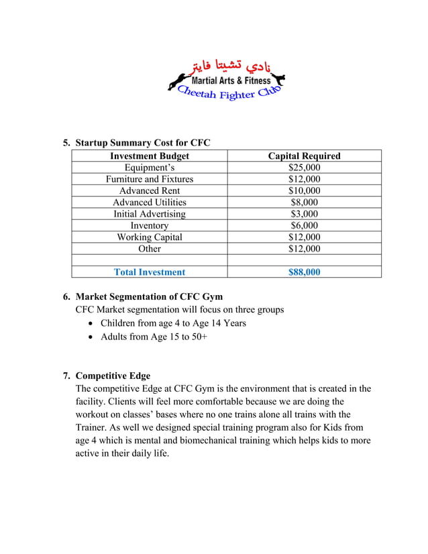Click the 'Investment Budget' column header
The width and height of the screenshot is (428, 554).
pyautogui.click(x=150, y=156)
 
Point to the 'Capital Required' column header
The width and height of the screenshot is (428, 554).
pyautogui.click(x=304, y=156)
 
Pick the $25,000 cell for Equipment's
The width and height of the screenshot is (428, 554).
pyautogui.click(x=304, y=168)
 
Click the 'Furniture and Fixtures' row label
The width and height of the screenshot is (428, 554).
pyautogui.click(x=150, y=179)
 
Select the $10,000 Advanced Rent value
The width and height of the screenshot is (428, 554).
pyautogui.click(x=304, y=190)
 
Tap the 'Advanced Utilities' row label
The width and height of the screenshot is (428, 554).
pyautogui.click(x=150, y=202)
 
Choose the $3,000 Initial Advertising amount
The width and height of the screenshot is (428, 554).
pyautogui.click(x=304, y=213)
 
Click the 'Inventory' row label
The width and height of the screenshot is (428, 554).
pyautogui.click(x=150, y=225)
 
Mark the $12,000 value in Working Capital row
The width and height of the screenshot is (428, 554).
pyautogui.click(x=304, y=237)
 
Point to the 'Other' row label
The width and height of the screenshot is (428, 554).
pyautogui.click(x=150, y=248)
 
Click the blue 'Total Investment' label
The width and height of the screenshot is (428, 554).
pyautogui.click(x=150, y=272)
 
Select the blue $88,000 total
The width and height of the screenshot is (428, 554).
pyautogui.click(x=304, y=272)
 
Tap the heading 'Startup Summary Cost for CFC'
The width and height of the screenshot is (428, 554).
pyautogui.click(x=143, y=143)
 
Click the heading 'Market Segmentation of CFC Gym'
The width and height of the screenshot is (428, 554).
pyautogui.click(x=149, y=296)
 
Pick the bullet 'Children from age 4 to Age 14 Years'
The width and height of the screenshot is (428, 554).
pyautogui.click(x=173, y=323)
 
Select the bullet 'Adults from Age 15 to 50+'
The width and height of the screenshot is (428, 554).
pyautogui.click(x=154, y=337)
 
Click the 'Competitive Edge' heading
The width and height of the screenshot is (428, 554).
pyautogui.click(x=113, y=376)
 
